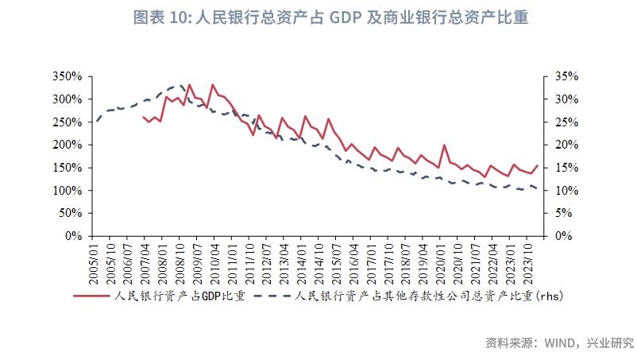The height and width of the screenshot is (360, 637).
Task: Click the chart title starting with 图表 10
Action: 318,15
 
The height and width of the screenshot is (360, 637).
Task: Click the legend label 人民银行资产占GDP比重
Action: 179,296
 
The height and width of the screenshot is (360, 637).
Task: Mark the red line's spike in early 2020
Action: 444,145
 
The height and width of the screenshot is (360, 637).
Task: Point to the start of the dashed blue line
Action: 96,122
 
